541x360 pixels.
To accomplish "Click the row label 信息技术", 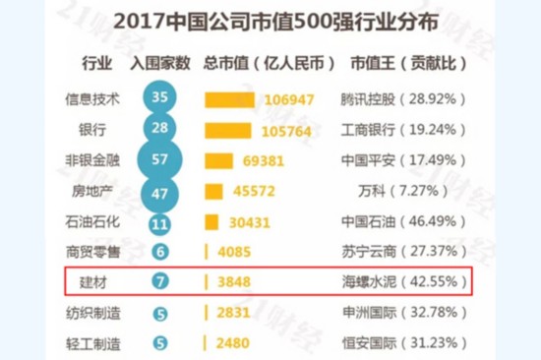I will pyautogui.click(x=91, y=99).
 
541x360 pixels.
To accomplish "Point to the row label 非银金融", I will pyautogui.click(x=91, y=160).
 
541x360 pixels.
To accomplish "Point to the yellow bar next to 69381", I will pyautogui.click(x=218, y=160).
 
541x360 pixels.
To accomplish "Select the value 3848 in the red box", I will pyautogui.click(x=234, y=282).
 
